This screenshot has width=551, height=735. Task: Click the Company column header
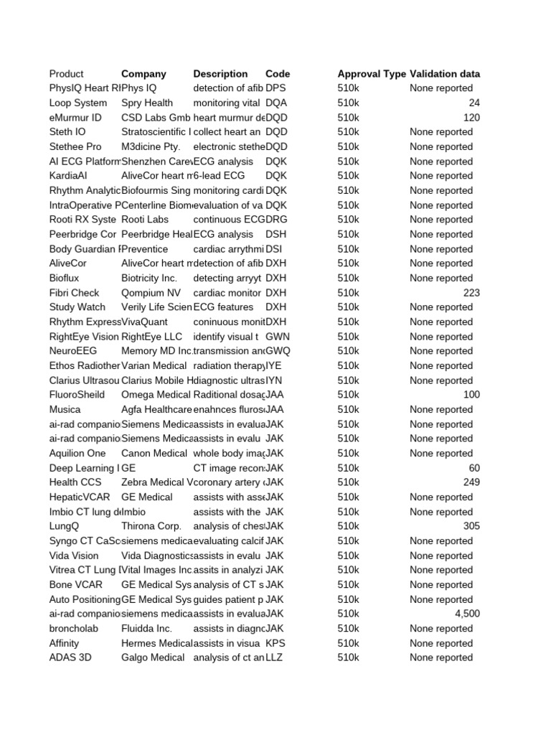coord(143,74)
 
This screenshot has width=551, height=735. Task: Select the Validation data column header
coord(445,74)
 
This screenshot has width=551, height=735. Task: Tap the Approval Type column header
coord(371,74)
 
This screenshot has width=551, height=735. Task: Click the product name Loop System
coord(78,103)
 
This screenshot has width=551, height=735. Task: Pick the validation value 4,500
coord(467,614)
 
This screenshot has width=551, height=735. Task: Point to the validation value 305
coord(471,526)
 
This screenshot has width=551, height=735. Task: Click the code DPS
coord(275,88)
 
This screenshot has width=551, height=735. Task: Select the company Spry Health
coord(147,103)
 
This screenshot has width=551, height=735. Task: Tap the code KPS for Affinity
coord(275,643)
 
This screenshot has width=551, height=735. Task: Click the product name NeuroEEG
coord(73,351)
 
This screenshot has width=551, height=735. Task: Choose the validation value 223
coord(471,293)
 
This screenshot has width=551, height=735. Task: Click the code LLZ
coord(274,657)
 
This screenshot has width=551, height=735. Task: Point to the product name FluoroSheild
coord(77,395)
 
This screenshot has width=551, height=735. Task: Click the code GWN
coord(278,337)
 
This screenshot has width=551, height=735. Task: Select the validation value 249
coord(471,482)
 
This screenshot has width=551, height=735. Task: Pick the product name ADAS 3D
coord(70,657)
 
